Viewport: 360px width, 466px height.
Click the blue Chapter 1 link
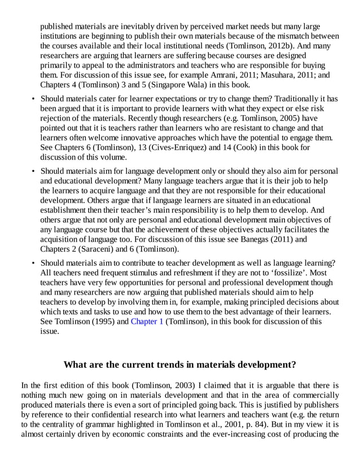(x=147, y=322)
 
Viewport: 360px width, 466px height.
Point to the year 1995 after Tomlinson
(x=100, y=322)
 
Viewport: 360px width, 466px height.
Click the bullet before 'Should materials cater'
(x=33, y=99)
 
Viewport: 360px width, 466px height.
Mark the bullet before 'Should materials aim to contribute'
(x=33, y=263)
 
